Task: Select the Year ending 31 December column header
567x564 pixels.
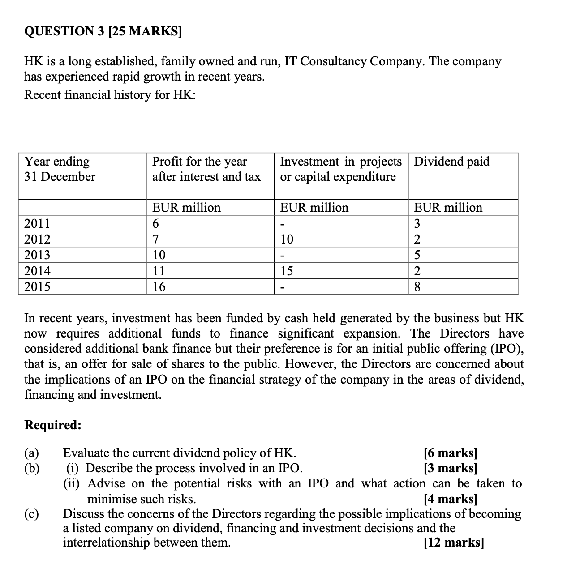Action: tap(60, 169)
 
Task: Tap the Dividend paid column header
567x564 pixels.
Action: tap(451, 162)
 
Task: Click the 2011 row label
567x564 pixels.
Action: tap(37, 223)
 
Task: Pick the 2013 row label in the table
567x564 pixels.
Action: tap(37, 255)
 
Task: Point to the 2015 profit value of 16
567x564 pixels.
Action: tap(159, 286)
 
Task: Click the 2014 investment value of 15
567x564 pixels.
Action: tap(287, 271)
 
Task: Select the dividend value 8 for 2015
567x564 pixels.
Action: tap(417, 286)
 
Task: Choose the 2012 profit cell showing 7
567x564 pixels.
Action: tap(156, 239)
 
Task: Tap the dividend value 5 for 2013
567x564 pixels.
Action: tap(417, 255)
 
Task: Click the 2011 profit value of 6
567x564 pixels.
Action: tap(156, 223)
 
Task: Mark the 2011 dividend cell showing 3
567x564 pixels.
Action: tap(417, 223)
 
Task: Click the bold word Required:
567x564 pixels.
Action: tap(53, 425)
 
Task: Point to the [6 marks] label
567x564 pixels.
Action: tap(450, 453)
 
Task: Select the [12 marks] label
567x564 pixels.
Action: tap(453, 543)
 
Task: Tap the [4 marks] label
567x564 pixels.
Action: tap(450, 499)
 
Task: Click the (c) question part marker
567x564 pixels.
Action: tap(31, 514)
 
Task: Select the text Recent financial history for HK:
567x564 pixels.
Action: tap(110, 95)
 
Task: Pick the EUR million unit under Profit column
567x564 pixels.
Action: tap(186, 208)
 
